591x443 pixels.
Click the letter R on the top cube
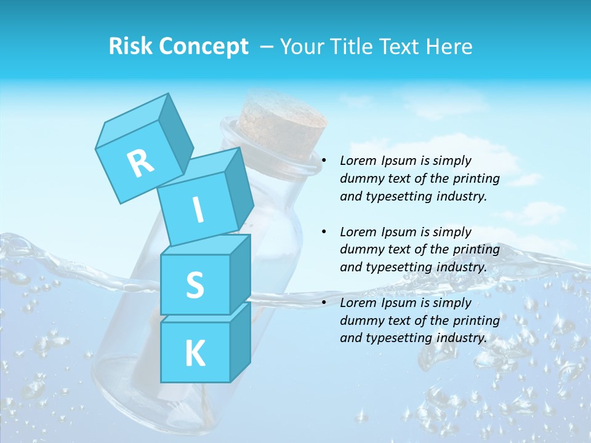click(140, 163)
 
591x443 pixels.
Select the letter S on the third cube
click(195, 285)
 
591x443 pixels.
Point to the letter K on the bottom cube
click(195, 354)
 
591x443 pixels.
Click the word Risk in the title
click(131, 46)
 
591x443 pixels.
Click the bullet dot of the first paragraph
click(324, 161)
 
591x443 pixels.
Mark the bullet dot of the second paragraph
click(324, 233)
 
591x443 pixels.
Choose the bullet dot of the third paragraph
click(324, 303)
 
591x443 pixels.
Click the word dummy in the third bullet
click(361, 321)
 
